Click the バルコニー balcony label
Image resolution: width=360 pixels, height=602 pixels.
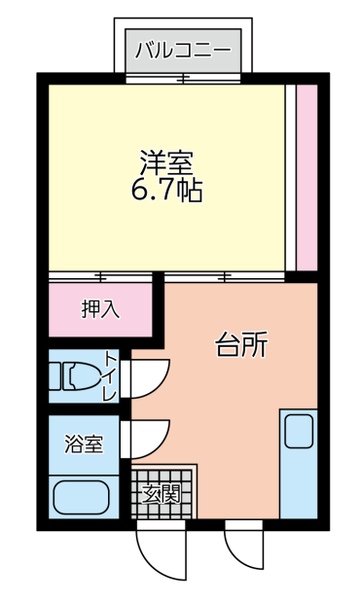click(183, 51)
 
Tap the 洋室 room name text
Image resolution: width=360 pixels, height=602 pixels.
click(166, 162)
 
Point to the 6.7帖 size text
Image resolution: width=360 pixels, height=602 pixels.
click(166, 190)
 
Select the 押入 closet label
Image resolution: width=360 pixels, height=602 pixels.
click(100, 309)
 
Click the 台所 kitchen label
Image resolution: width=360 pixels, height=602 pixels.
click(240, 343)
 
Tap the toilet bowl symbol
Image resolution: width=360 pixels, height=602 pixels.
click(82, 376)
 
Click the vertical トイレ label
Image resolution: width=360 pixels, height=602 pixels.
click(111, 376)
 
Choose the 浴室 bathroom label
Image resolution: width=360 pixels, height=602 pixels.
click(84, 443)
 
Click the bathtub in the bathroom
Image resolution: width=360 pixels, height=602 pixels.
click(81, 497)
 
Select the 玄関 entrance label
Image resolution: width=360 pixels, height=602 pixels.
click(162, 494)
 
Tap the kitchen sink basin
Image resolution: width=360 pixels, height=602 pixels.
click(299, 431)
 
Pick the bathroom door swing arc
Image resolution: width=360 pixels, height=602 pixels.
click(145, 440)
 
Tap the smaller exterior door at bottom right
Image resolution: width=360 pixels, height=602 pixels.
click(244, 545)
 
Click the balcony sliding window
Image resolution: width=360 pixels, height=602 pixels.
click(183, 79)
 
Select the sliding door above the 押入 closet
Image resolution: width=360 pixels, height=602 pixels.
click(100, 277)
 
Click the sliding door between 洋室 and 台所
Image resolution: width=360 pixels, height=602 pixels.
click(225, 277)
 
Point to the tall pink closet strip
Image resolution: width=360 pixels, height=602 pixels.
click(307, 177)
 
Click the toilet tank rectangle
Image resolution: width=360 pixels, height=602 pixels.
click(54, 376)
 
